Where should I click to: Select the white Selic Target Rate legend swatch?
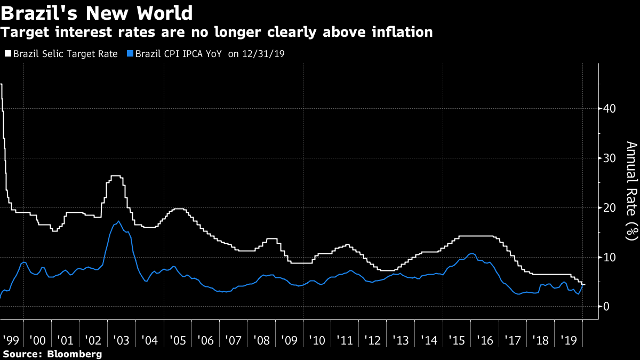tap(7, 54)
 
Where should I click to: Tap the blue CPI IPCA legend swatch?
tap(130, 54)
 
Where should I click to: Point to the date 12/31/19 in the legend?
tap(262, 54)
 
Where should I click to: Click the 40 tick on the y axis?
tap(610, 109)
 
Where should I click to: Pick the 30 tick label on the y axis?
tap(610, 158)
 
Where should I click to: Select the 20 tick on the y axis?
tap(610, 208)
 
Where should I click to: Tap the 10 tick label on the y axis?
tap(610, 258)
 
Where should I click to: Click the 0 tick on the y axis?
tap(606, 307)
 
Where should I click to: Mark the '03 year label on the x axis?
tap(121, 340)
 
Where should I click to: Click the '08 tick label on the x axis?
tap(261, 340)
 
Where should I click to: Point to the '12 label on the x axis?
tap(372, 340)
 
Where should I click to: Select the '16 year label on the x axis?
tap(484, 340)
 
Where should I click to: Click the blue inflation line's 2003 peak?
tap(118, 221)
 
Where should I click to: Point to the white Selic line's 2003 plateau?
tap(116, 175)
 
